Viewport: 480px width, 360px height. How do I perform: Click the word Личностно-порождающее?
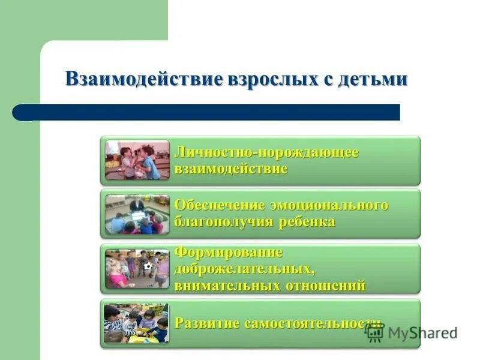266,152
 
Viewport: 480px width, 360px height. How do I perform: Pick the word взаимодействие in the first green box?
231,169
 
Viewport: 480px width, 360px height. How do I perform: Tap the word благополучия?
224,222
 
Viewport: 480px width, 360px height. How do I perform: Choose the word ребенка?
307,222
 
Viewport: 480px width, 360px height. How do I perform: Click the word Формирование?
228,253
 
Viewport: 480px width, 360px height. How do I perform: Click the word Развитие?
207,323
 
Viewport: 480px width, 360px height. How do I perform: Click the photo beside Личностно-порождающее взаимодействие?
137,160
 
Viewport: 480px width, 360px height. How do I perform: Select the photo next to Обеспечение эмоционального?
137,214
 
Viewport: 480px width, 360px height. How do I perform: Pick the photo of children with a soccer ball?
137,269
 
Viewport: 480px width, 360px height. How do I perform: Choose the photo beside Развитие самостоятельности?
137,323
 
